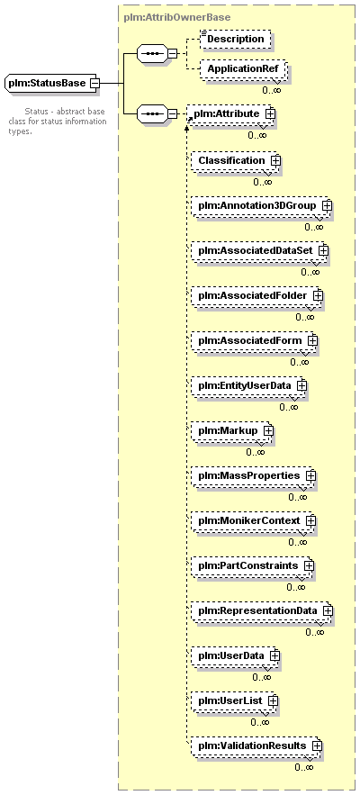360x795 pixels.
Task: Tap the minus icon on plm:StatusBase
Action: (94, 83)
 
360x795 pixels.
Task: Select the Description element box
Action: (235, 39)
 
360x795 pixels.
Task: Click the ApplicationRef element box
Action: (243, 68)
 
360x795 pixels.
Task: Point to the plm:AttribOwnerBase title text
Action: (177, 17)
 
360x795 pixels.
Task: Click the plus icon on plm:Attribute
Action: (270, 113)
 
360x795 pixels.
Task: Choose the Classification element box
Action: (235, 160)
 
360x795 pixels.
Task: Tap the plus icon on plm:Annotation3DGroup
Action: (327, 205)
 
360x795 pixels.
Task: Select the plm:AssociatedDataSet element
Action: (259, 250)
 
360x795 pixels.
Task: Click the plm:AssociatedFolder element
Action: (256, 295)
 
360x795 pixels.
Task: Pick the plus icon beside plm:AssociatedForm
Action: (312, 340)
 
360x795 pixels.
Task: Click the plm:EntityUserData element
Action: (248, 385)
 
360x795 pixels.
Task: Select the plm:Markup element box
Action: (231, 430)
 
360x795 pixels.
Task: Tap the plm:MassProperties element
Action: (253, 475)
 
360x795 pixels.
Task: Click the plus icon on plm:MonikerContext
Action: (310, 520)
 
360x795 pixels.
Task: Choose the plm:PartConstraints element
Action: (252, 565)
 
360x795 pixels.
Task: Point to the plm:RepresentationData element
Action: (262, 610)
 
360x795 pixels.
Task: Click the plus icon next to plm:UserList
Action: (273, 700)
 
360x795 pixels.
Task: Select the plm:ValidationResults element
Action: (256, 745)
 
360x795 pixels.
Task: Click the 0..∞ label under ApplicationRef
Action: (271, 90)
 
